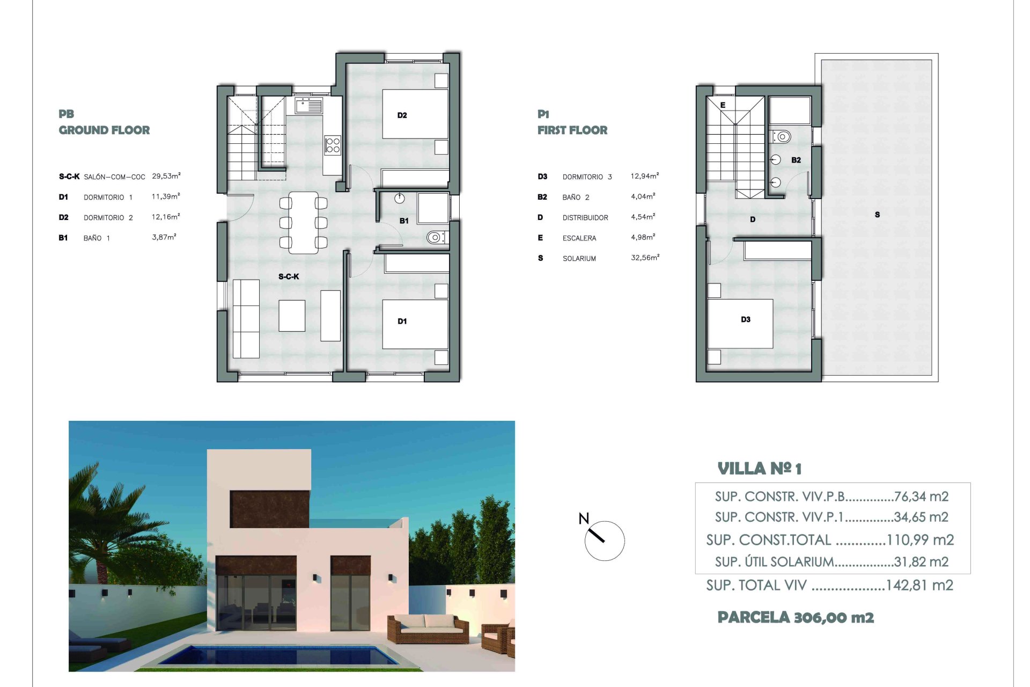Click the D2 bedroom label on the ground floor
point(402,115)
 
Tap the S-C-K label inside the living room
point(289,276)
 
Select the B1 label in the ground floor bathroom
point(404,221)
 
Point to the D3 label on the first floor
point(746,319)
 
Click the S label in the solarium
point(877,215)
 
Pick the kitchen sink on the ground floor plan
point(308,105)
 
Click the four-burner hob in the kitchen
point(333,145)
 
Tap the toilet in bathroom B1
point(436,237)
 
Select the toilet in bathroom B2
point(782,136)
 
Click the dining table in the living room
point(303,222)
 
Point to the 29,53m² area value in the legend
point(166,176)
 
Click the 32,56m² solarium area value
point(645,258)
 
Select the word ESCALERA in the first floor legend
point(579,238)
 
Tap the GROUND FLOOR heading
point(104,130)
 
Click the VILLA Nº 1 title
point(759,469)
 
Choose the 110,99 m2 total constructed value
point(920,540)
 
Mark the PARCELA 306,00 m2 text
point(796,617)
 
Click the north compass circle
point(605,541)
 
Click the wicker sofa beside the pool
point(428,629)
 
